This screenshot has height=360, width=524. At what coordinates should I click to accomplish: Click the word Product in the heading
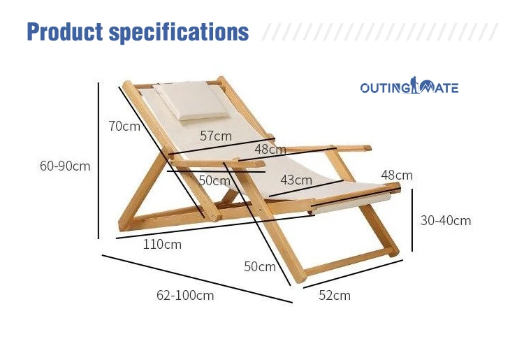click(x=65, y=31)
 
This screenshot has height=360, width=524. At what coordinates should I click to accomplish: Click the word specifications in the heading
click(x=179, y=33)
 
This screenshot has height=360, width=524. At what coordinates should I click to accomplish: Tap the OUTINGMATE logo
click(x=409, y=85)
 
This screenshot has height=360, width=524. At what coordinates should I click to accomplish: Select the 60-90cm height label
click(x=65, y=166)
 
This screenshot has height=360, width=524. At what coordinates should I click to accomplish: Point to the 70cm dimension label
click(x=124, y=126)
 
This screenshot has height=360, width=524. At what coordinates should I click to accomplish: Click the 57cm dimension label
click(x=216, y=136)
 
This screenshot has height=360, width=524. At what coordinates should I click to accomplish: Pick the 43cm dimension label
click(x=296, y=180)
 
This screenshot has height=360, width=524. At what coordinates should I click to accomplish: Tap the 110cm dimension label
click(x=162, y=245)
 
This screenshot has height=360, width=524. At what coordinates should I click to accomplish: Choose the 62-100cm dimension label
click(x=185, y=295)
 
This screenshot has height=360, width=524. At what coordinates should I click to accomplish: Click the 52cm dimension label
click(x=335, y=295)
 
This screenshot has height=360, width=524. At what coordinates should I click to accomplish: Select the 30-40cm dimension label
click(x=446, y=220)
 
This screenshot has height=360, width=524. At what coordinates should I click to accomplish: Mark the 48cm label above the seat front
click(x=397, y=175)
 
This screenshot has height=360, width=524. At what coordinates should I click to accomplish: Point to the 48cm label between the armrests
click(x=270, y=149)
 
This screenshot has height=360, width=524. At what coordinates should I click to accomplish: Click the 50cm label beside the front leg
click(x=260, y=266)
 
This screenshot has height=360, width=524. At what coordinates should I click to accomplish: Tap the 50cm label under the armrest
click(x=214, y=180)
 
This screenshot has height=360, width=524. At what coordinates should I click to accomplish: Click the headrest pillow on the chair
click(x=192, y=99)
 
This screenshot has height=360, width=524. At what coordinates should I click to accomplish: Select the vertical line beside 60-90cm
click(x=99, y=161)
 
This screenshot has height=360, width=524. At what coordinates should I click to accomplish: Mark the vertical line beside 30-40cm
click(x=412, y=220)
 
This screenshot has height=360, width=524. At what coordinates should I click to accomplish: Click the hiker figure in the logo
click(x=414, y=85)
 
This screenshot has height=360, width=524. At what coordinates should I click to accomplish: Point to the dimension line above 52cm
click(x=353, y=274)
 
